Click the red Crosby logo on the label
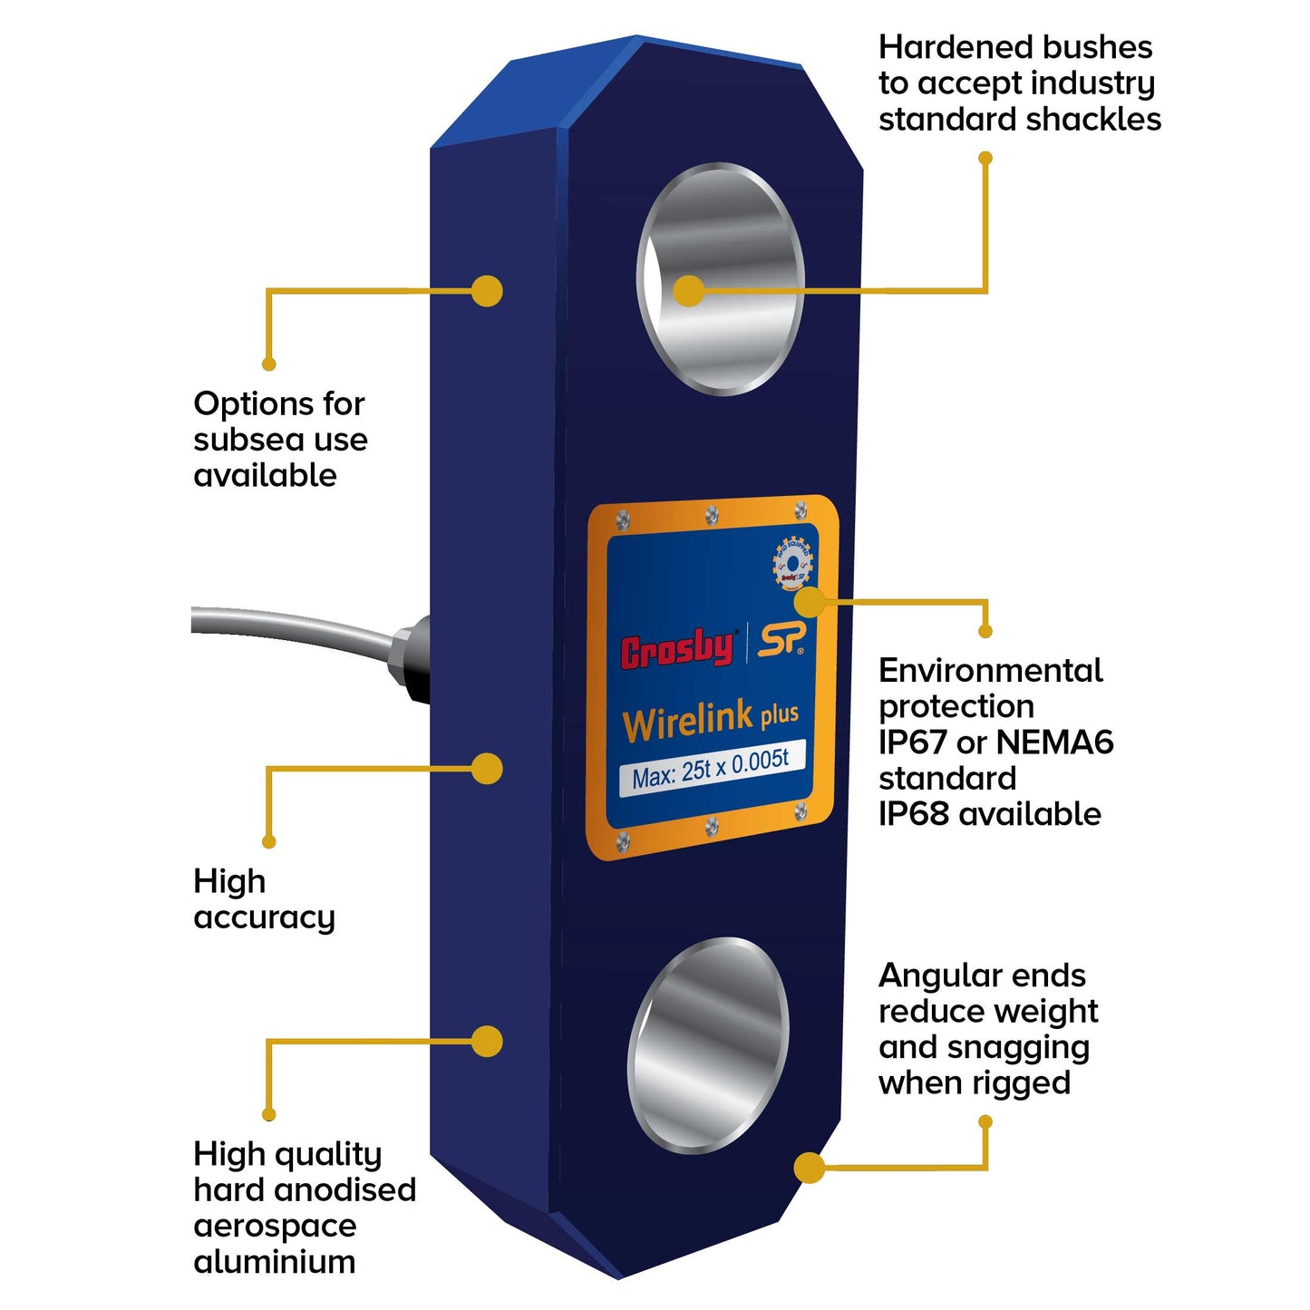click(x=676, y=649)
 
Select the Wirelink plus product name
click(x=710, y=721)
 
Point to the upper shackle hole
click(x=722, y=278)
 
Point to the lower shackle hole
click(x=708, y=1044)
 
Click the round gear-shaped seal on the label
click(x=792, y=565)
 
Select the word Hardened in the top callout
click(x=940, y=47)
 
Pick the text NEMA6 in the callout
click(x=1054, y=742)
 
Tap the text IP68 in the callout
click(x=914, y=814)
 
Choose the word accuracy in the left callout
click(x=265, y=917)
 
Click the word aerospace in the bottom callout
click(x=275, y=1226)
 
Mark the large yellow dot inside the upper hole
click(x=689, y=291)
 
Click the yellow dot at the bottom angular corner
click(x=809, y=1168)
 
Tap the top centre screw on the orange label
click(x=712, y=516)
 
